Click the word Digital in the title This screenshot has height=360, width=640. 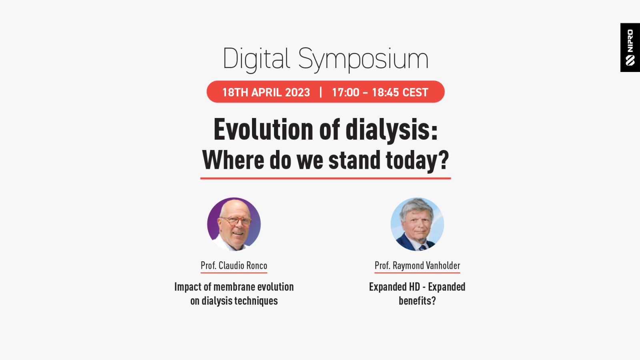click(256, 60)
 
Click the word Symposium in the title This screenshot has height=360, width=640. click(363, 60)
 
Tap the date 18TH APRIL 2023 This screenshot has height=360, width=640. click(266, 92)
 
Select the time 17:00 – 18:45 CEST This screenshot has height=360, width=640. click(380, 92)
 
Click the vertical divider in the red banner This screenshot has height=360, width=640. click(321, 92)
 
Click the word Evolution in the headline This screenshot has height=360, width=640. click(263, 130)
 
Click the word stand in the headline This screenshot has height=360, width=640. click(354, 160)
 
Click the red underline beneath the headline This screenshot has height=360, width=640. click(326, 178)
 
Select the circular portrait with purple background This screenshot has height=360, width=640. click(234, 224)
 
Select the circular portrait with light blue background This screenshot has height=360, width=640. click(417, 224)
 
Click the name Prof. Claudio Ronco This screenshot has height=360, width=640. click(234, 266)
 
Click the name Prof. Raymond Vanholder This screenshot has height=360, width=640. click(417, 266)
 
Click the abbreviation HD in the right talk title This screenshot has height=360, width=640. click(414, 287)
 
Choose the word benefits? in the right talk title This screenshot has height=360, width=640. click(417, 301)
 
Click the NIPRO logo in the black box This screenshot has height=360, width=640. click(630, 48)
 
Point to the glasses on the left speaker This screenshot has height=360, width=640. click(236, 220)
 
